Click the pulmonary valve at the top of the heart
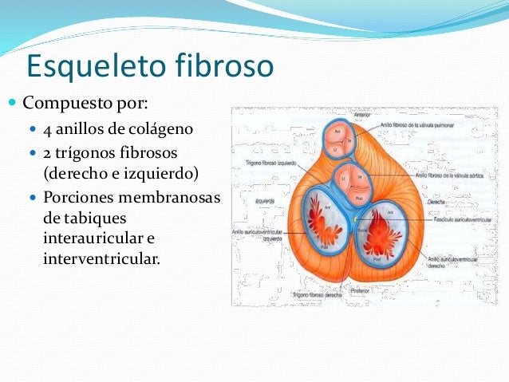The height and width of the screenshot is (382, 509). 337,140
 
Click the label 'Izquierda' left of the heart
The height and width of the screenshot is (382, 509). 265,201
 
